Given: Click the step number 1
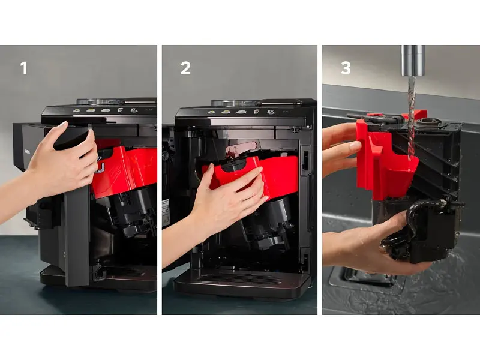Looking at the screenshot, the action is pyautogui.click(x=23, y=68).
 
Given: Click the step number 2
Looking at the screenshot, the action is pyautogui.click(x=185, y=68).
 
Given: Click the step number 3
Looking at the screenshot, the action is pyautogui.click(x=346, y=68).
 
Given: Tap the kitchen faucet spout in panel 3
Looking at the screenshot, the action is pyautogui.click(x=413, y=61).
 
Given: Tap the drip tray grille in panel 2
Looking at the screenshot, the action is pyautogui.click(x=242, y=278).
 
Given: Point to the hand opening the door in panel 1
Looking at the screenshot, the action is pyautogui.click(x=58, y=166).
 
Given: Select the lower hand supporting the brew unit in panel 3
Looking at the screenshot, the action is pyautogui.click(x=373, y=245).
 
